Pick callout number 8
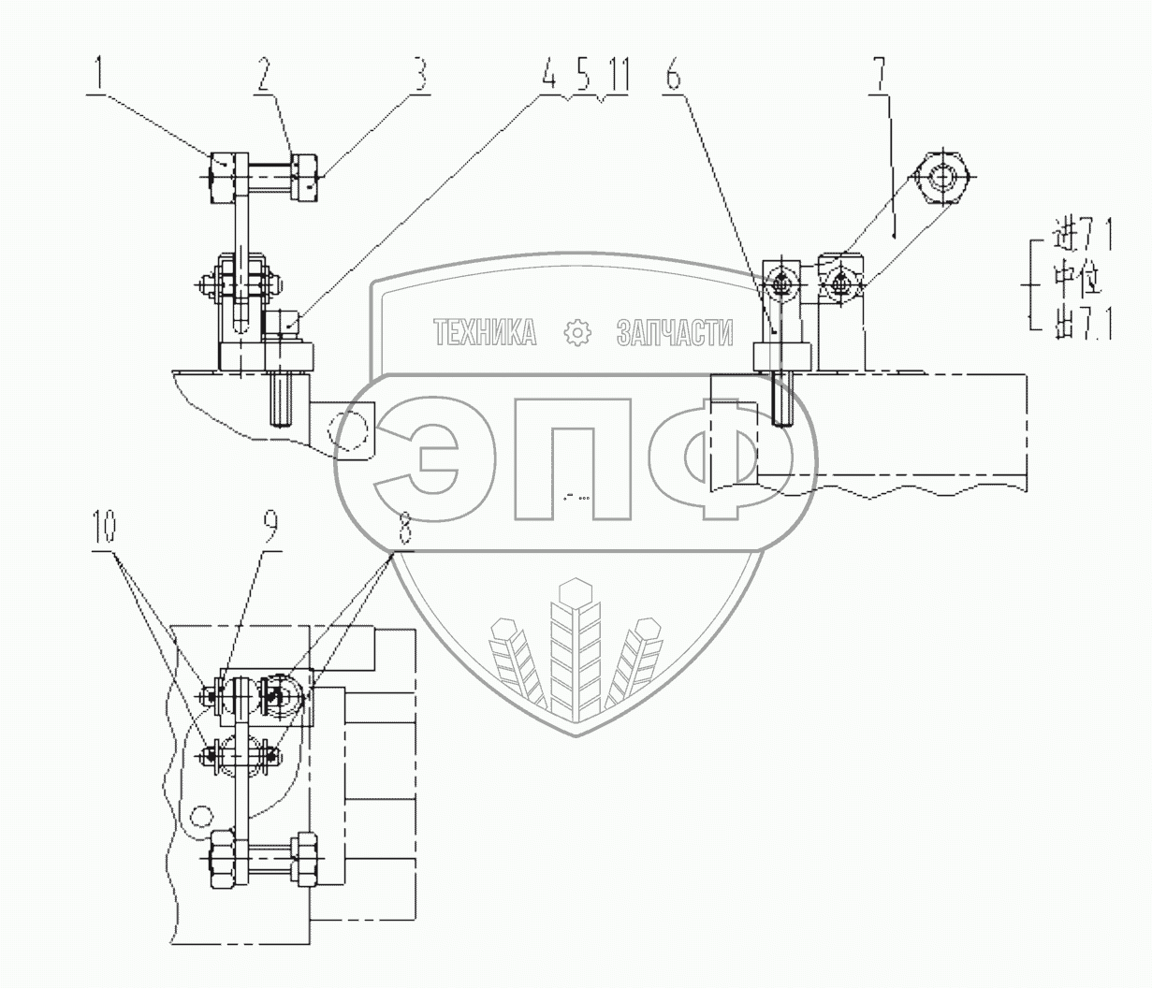point(403,531)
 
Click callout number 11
point(616,76)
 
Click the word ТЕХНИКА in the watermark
point(486,332)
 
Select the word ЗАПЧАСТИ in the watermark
point(675,332)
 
